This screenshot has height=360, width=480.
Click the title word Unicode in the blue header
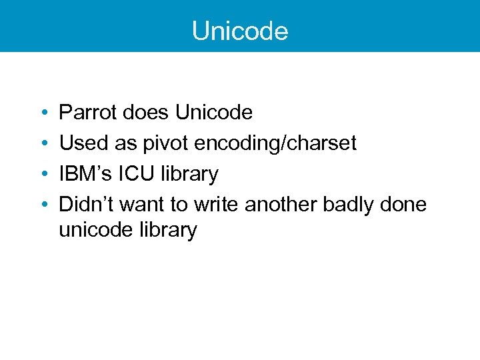pos(240,31)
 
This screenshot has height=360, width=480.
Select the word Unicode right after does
pos(214,113)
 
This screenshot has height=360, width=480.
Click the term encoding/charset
pos(276,143)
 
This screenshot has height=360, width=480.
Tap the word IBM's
pos(85,174)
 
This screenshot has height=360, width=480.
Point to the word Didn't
pos(83,205)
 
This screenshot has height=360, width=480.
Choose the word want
pos(137,205)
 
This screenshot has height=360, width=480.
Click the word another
pos(281,205)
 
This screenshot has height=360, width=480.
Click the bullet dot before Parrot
pos(43,113)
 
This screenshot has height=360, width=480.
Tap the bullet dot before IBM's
pos(43,175)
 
